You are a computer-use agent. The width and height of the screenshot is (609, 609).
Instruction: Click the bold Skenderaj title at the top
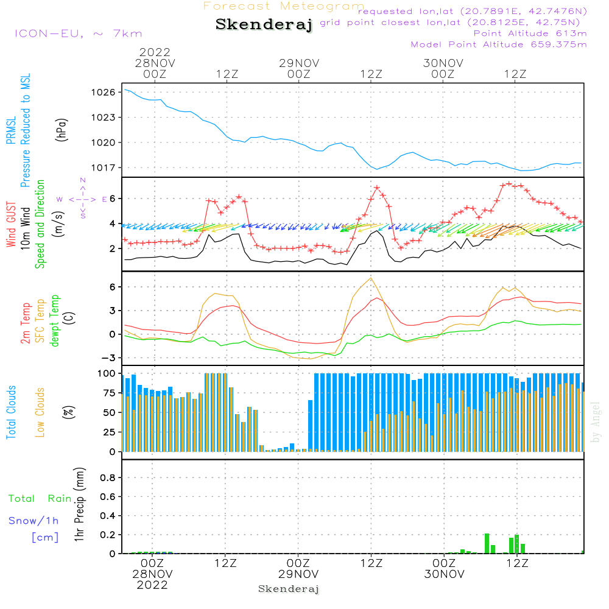coord(264,25)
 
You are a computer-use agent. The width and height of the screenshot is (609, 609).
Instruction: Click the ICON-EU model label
coord(78,33)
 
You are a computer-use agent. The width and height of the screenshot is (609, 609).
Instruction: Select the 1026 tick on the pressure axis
coord(104,92)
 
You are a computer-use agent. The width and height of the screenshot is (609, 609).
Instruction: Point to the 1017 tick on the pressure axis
coord(104,167)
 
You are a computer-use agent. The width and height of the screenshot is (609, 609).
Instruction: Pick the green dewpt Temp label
coord(54,321)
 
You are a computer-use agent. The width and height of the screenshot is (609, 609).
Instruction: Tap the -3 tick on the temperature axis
coord(110,357)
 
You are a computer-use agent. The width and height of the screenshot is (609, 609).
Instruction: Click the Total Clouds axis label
coord(11,412)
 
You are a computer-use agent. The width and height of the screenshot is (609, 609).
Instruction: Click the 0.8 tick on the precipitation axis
coord(107,477)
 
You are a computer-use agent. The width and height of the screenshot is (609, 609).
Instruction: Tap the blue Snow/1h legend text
coord(33,521)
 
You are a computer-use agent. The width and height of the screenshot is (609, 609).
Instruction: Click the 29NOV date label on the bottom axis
coord(298,574)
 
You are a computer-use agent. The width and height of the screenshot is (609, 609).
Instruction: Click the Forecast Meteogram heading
coord(284,6)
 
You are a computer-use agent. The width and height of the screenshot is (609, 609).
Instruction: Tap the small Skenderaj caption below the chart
coord(289,589)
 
